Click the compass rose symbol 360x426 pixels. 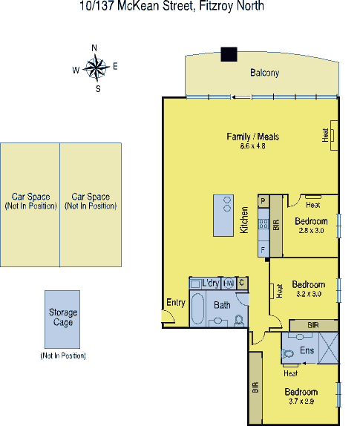(96, 68)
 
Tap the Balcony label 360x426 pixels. (265, 73)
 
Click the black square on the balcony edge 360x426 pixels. (229, 54)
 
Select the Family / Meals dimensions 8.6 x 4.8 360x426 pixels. (252, 146)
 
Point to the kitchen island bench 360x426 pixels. (223, 215)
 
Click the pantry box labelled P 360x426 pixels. (263, 201)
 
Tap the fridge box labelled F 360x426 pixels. (263, 249)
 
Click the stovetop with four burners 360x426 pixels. (264, 224)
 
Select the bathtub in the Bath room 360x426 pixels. (197, 308)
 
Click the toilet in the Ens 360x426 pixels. (287, 353)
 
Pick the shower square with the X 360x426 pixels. (328, 348)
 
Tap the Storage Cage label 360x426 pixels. (63, 317)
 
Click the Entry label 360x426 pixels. (176, 302)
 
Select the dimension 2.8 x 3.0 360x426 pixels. (311, 230)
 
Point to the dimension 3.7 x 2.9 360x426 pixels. (301, 401)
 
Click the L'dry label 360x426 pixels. (210, 283)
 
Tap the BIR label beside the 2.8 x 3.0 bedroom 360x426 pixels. (276, 225)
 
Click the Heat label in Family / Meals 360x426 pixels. (325, 135)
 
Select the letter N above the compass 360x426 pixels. (94, 48)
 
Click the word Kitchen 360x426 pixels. (244, 220)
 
